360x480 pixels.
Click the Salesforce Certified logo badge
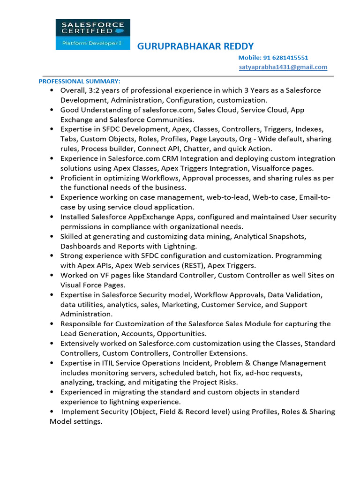coord(93,34)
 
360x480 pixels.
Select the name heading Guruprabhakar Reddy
coord(195,46)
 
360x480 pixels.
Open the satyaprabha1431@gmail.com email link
coord(283,67)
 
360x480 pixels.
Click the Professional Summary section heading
coord(79,81)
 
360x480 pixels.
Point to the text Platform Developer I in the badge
coord(86,43)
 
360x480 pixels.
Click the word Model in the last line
coord(60,421)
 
